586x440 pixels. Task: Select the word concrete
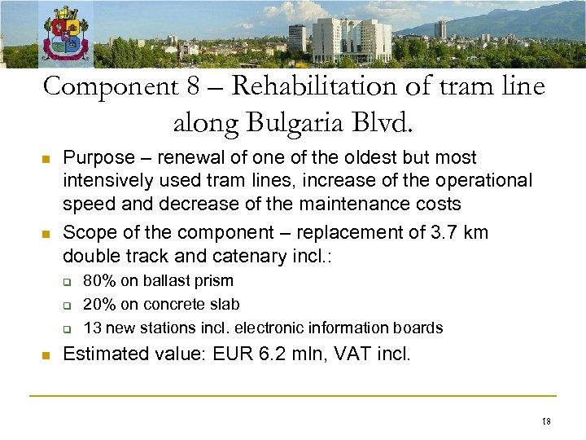pos(177,305)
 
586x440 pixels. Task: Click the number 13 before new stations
pos(92,328)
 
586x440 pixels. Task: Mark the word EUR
pos(243,354)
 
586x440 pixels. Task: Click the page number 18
pos(545,421)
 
